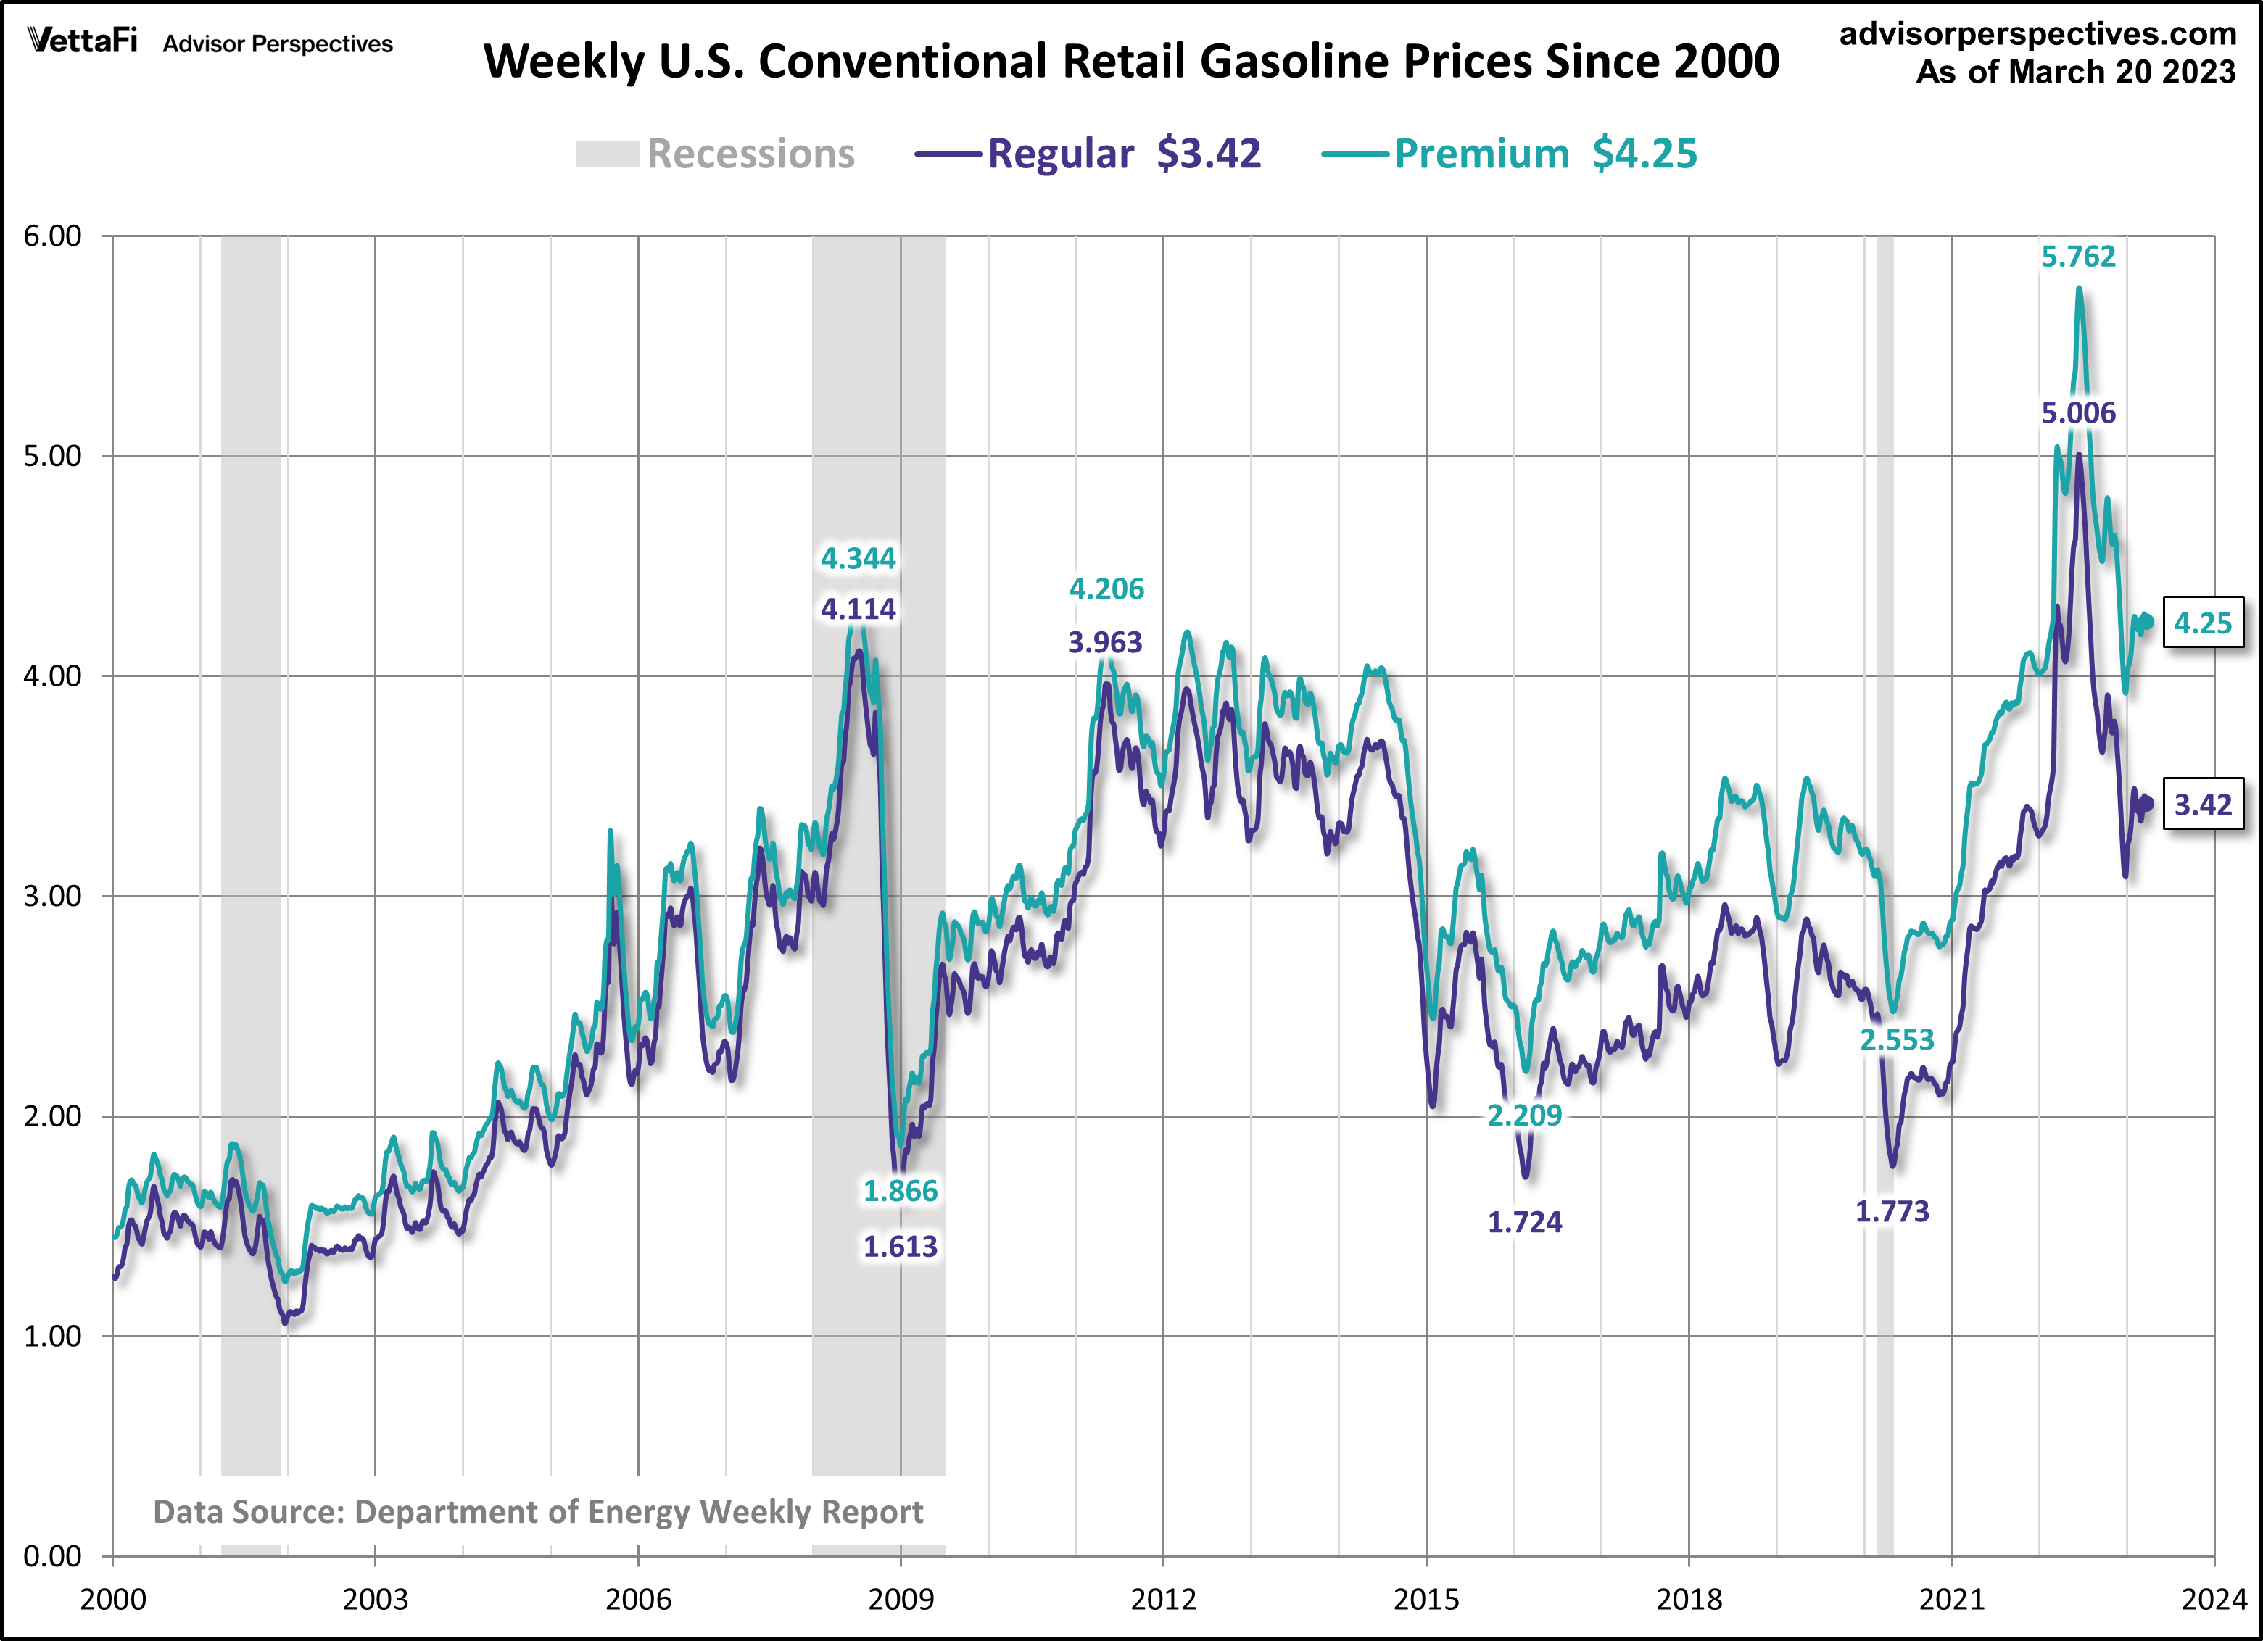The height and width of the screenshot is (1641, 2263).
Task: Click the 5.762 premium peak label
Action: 2077,257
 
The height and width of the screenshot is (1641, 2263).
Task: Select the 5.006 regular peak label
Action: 2077,413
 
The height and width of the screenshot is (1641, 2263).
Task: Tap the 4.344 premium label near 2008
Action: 858,559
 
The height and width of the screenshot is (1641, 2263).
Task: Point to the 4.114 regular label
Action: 858,609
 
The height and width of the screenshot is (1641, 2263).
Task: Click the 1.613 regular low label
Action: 900,1246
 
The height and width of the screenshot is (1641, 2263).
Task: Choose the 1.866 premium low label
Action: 900,1191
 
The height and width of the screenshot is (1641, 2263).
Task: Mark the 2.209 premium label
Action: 1525,1116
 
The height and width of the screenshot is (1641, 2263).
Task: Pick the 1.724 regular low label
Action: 1525,1222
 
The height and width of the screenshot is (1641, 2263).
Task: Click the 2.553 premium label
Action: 1897,1040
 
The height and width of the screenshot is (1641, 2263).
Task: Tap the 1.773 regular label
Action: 1892,1212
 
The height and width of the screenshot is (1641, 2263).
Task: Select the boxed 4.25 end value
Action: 2202,623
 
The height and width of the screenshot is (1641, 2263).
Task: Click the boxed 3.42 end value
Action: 2202,804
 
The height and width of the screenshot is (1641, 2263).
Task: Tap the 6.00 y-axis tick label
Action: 52,236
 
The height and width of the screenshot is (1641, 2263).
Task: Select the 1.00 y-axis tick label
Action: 52,1337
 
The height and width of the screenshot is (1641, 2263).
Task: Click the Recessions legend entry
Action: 716,154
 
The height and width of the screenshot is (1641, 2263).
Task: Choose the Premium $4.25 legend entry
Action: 1509,154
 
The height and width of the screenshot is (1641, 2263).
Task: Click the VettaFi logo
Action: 83,42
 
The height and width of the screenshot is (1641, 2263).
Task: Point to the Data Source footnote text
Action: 538,1512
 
